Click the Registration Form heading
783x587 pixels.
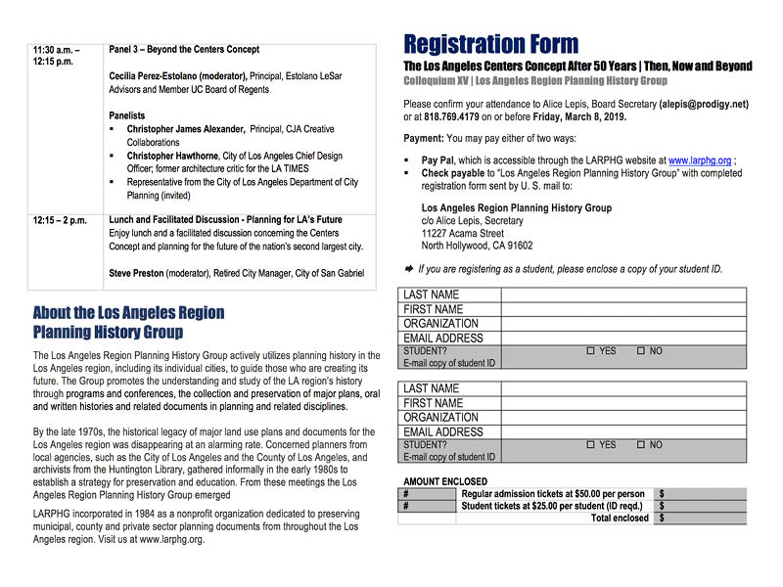coord(490,44)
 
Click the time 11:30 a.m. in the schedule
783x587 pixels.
coord(56,49)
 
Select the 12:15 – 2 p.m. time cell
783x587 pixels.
coord(61,220)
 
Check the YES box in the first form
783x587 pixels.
coord(590,351)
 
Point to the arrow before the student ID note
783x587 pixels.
coord(408,268)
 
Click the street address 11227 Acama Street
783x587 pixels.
coord(463,234)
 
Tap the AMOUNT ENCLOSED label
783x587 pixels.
coord(444,481)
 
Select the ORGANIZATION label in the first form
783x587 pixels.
coord(441,324)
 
